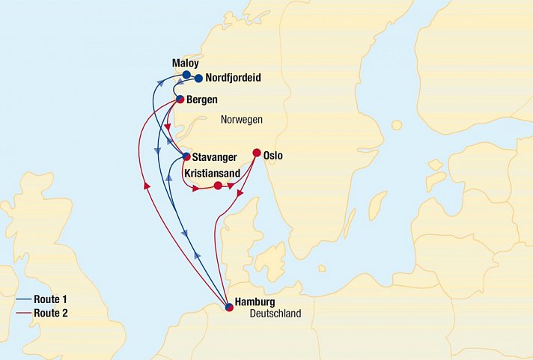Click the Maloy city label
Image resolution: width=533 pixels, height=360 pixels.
click(x=185, y=64)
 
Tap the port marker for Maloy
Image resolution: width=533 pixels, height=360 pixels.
click(x=186, y=75)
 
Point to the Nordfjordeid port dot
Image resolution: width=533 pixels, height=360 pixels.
click(x=198, y=78)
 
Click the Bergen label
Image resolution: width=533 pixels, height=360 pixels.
click(x=203, y=100)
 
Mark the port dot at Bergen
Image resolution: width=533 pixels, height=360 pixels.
click(x=180, y=99)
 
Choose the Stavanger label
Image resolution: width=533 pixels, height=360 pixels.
click(x=215, y=157)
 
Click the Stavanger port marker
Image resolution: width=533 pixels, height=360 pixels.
click(x=186, y=156)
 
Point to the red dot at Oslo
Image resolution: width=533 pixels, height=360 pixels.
click(x=257, y=153)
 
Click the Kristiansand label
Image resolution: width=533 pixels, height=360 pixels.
click(x=213, y=172)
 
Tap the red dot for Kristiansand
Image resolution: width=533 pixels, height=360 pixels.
click(x=218, y=186)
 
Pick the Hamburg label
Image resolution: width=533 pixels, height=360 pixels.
click(x=255, y=302)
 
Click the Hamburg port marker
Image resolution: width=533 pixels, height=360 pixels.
click(x=229, y=306)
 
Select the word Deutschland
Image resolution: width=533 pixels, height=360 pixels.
click(x=275, y=314)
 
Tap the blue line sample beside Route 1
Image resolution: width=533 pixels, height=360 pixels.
click(x=22, y=299)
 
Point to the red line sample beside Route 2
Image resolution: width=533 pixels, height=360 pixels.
click(x=22, y=313)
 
